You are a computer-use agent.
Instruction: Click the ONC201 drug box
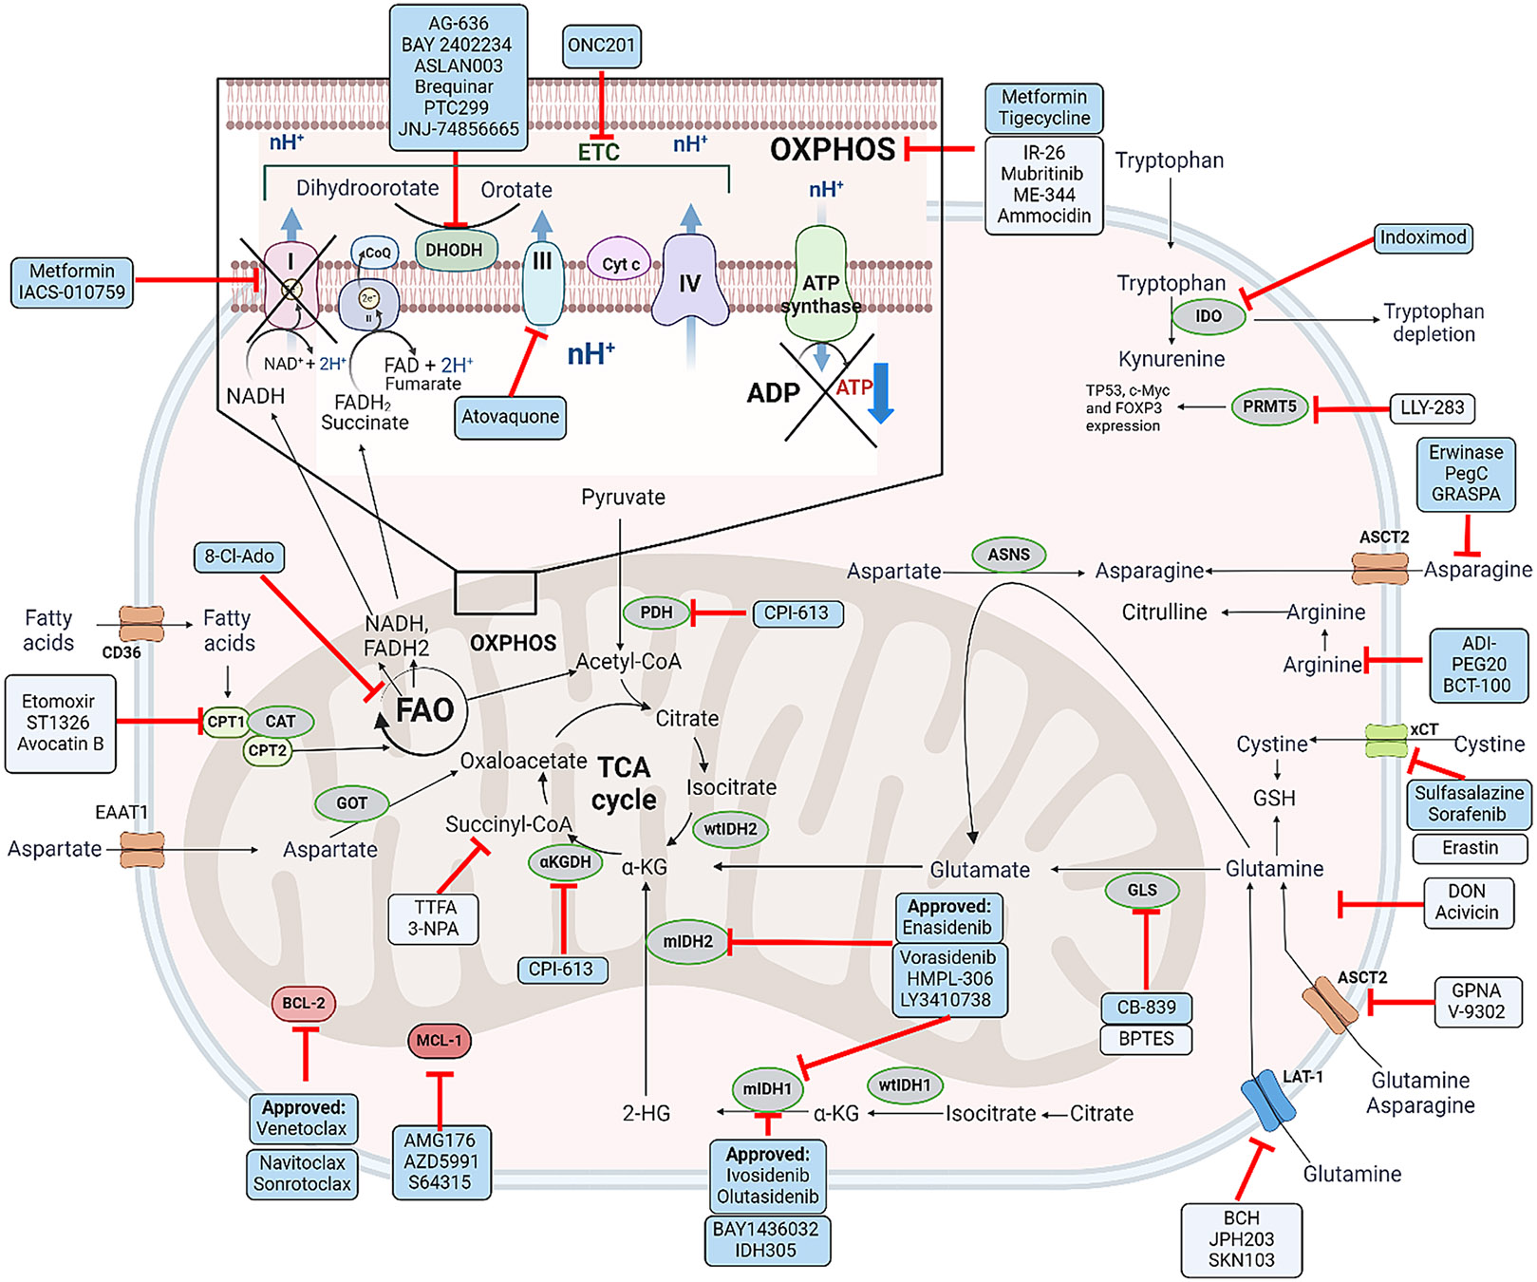click(601, 46)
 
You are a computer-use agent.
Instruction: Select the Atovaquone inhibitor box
click(510, 417)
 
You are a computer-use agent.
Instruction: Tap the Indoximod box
click(1423, 237)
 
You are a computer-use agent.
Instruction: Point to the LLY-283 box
click(1432, 407)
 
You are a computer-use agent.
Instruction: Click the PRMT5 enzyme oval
click(1269, 406)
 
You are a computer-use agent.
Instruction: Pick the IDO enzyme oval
click(1208, 316)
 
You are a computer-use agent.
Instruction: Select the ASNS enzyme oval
click(1008, 555)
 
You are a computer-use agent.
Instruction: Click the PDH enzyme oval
click(656, 613)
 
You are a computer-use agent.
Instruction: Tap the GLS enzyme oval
click(1142, 890)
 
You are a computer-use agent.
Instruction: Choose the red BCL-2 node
click(304, 1003)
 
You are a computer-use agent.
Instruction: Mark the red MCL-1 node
click(439, 1041)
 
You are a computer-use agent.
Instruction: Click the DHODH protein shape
click(455, 251)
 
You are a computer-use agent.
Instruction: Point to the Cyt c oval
click(621, 264)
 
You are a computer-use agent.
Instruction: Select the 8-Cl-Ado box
click(239, 556)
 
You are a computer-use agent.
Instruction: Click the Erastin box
click(1470, 847)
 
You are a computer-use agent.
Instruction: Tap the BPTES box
click(1146, 1039)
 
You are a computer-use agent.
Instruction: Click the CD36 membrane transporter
click(141, 625)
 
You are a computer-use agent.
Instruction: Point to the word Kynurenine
click(1171, 359)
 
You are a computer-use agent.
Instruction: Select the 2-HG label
click(646, 1113)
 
